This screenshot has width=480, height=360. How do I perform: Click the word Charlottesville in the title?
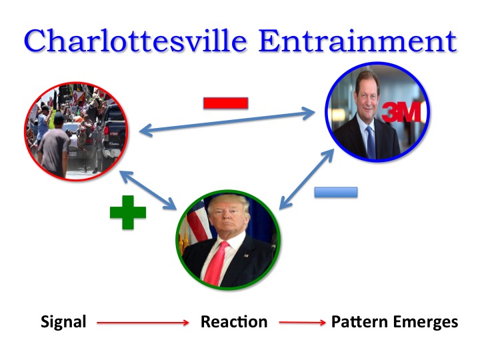click(137, 41)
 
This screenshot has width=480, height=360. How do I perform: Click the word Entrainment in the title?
click(358, 41)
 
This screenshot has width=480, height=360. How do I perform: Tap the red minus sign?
click(225, 103)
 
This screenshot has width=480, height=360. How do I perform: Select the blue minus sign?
click(335, 192)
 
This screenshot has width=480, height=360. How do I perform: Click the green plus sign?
click(128, 213)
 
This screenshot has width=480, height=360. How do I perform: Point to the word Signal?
click(63, 322)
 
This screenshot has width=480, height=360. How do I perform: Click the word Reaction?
click(234, 322)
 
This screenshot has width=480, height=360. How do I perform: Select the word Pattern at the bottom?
click(361, 322)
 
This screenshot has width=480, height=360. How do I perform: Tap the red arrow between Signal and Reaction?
click(143, 323)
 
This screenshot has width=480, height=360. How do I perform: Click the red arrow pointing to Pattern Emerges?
click(302, 323)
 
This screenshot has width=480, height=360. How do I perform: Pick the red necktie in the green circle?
click(215, 263)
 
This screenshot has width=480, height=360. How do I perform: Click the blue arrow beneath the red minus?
click(227, 123)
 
